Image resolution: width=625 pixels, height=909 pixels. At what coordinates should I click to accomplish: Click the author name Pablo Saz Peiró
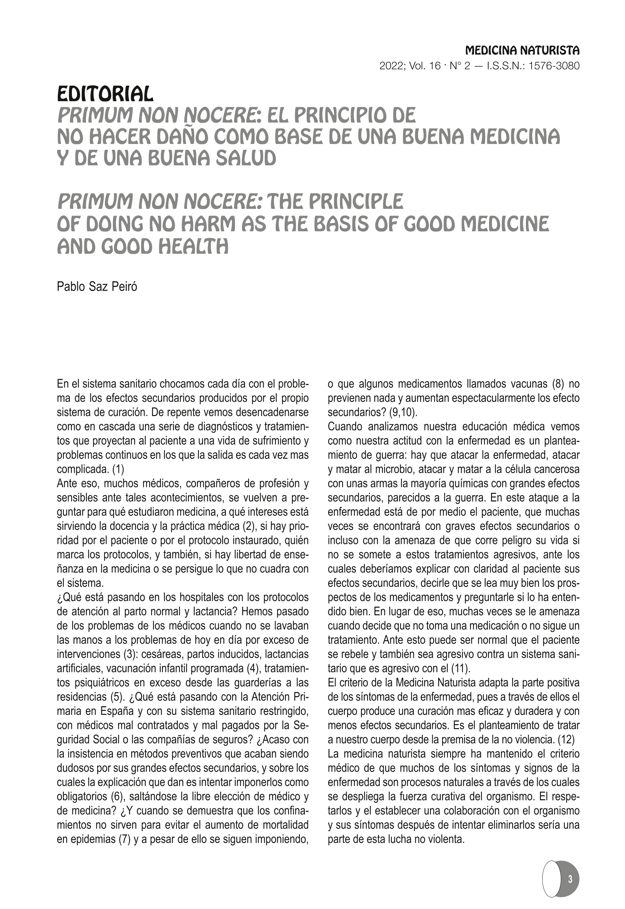97,286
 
